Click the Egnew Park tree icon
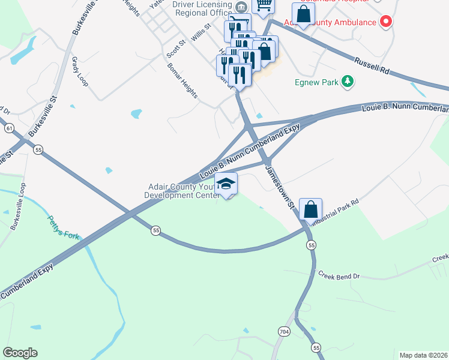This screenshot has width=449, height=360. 347,81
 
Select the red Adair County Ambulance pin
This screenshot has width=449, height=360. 386,22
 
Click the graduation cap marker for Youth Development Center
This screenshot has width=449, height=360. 226,184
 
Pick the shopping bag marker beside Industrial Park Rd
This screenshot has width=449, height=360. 311,209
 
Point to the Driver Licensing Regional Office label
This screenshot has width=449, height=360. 202,8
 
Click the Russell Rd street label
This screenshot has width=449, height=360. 372,65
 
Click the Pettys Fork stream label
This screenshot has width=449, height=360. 63,227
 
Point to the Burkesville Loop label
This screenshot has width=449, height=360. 18,207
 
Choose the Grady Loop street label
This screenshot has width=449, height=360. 79,72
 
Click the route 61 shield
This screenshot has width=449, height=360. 8,128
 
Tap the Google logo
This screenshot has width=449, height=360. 20,353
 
